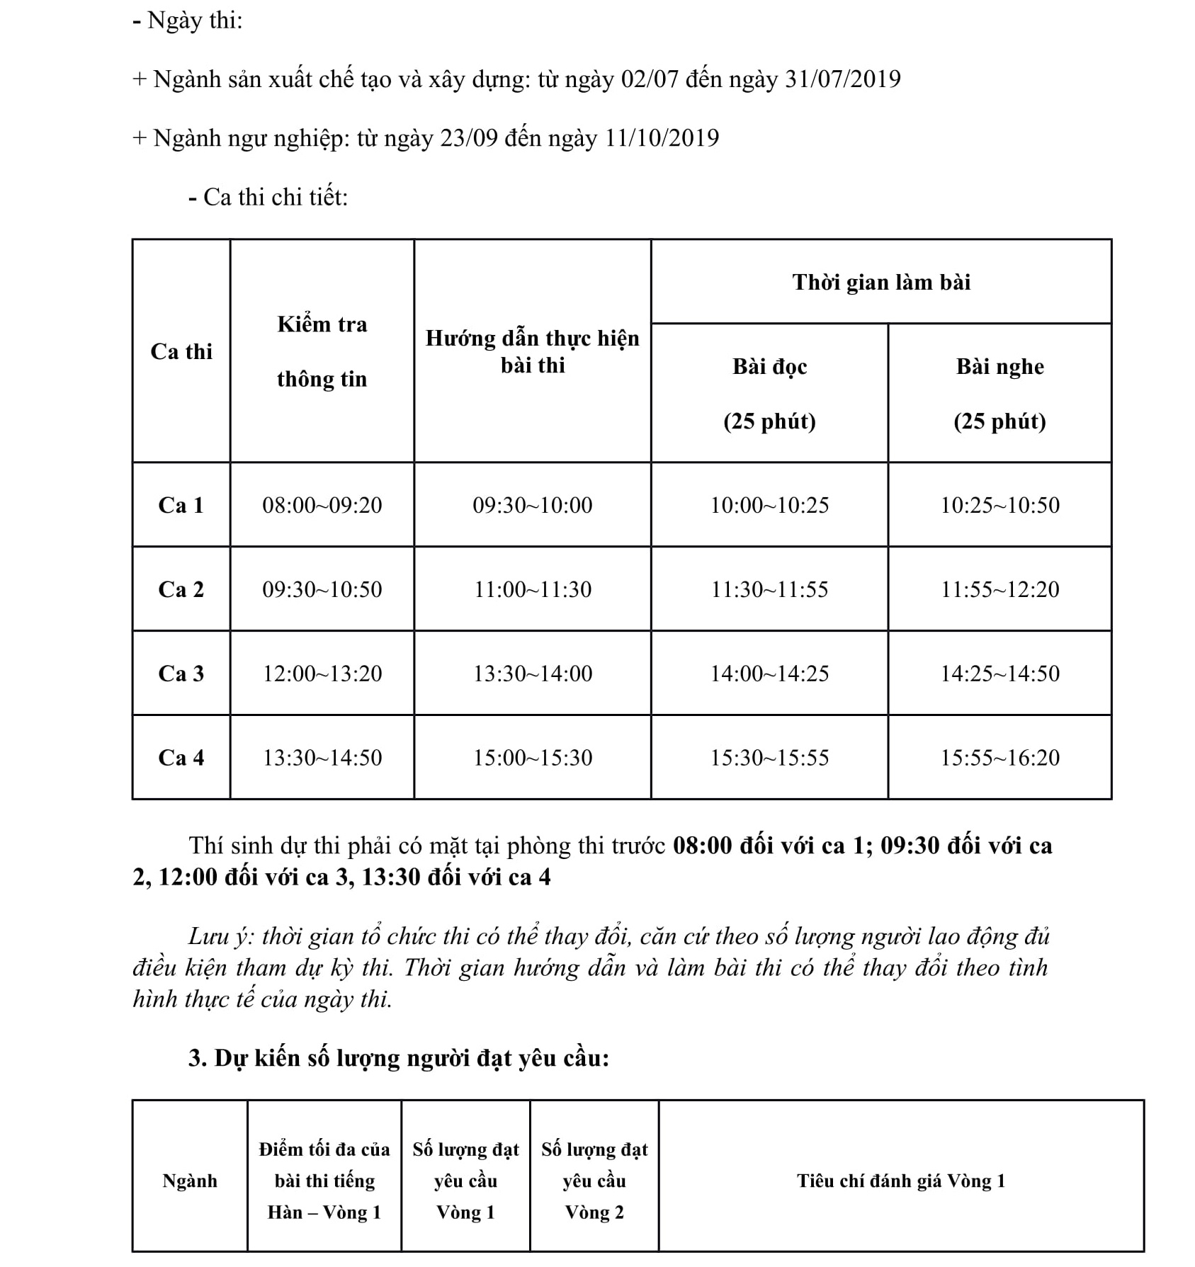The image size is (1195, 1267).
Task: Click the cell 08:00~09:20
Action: [322, 505]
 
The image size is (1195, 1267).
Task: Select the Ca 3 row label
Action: [181, 673]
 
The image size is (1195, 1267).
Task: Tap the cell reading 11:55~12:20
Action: [999, 589]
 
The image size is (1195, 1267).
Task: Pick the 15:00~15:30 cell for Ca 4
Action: [533, 757]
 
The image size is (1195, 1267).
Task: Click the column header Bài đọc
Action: [769, 367]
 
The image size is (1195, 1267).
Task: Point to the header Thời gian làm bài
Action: [881, 283]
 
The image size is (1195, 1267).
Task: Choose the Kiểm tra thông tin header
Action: [322, 351]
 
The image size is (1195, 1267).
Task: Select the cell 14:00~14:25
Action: [769, 673]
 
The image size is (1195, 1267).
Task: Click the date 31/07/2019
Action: [843, 79]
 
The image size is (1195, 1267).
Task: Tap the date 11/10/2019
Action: [662, 137]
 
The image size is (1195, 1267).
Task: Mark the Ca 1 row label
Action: [181, 505]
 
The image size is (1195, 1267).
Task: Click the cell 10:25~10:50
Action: [999, 505]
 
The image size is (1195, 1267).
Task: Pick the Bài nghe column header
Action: [999, 367]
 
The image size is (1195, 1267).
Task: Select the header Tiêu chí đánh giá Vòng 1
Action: [901, 1181]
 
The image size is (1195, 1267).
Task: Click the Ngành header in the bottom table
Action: [190, 1181]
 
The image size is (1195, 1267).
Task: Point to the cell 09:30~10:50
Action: [322, 589]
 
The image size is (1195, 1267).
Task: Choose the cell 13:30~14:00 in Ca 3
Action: [533, 673]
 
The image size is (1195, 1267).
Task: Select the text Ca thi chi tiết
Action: [276, 197]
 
